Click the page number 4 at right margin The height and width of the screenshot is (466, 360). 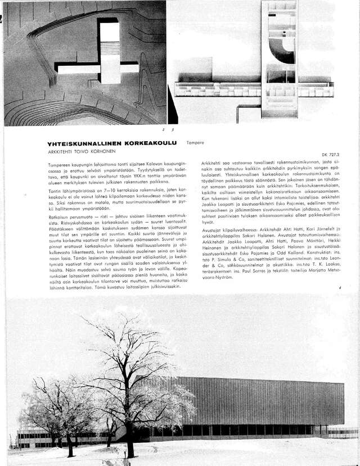[x=340, y=288]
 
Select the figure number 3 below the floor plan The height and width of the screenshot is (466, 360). [x=172, y=130]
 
